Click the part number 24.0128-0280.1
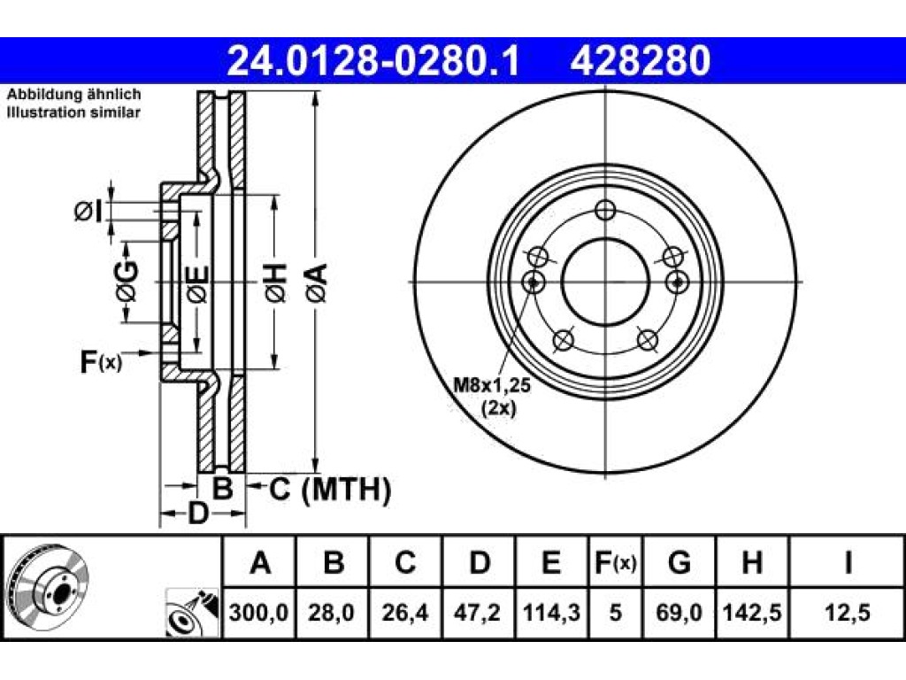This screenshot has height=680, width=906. point(373,61)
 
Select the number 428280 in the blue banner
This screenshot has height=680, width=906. point(641,61)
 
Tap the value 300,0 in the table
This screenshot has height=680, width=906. point(259,612)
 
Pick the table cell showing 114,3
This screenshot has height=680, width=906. point(551,612)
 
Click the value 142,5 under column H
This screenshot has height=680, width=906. point(752,612)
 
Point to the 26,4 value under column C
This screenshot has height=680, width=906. point(405,612)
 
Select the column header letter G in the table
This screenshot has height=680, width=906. point(679,562)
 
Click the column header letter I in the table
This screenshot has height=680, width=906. point(848,562)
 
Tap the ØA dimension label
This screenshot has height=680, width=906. point(318,282)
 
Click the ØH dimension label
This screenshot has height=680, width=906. point(276,282)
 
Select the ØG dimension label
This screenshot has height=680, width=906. point(127,282)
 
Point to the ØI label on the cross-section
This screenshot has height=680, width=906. point(88,211)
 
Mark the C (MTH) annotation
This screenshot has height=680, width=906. point(331,489)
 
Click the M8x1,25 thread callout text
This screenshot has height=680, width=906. point(492,385)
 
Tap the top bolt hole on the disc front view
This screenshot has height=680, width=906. point(605,210)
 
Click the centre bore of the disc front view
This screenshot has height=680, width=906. point(605,282)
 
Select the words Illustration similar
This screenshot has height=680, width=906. point(73,112)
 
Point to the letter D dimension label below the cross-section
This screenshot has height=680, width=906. point(198,513)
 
